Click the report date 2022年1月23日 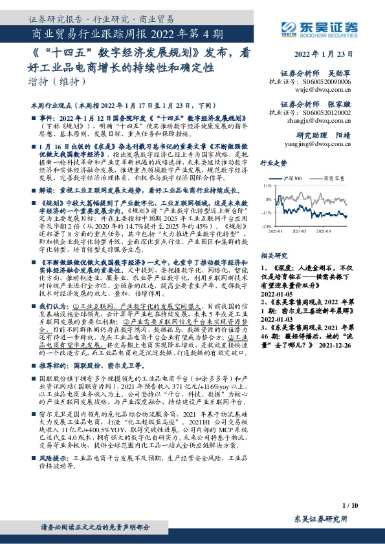click(x=327, y=54)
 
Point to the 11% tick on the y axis click(x=267, y=184)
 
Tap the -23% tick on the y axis click(x=266, y=226)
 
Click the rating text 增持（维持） click(x=58, y=81)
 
